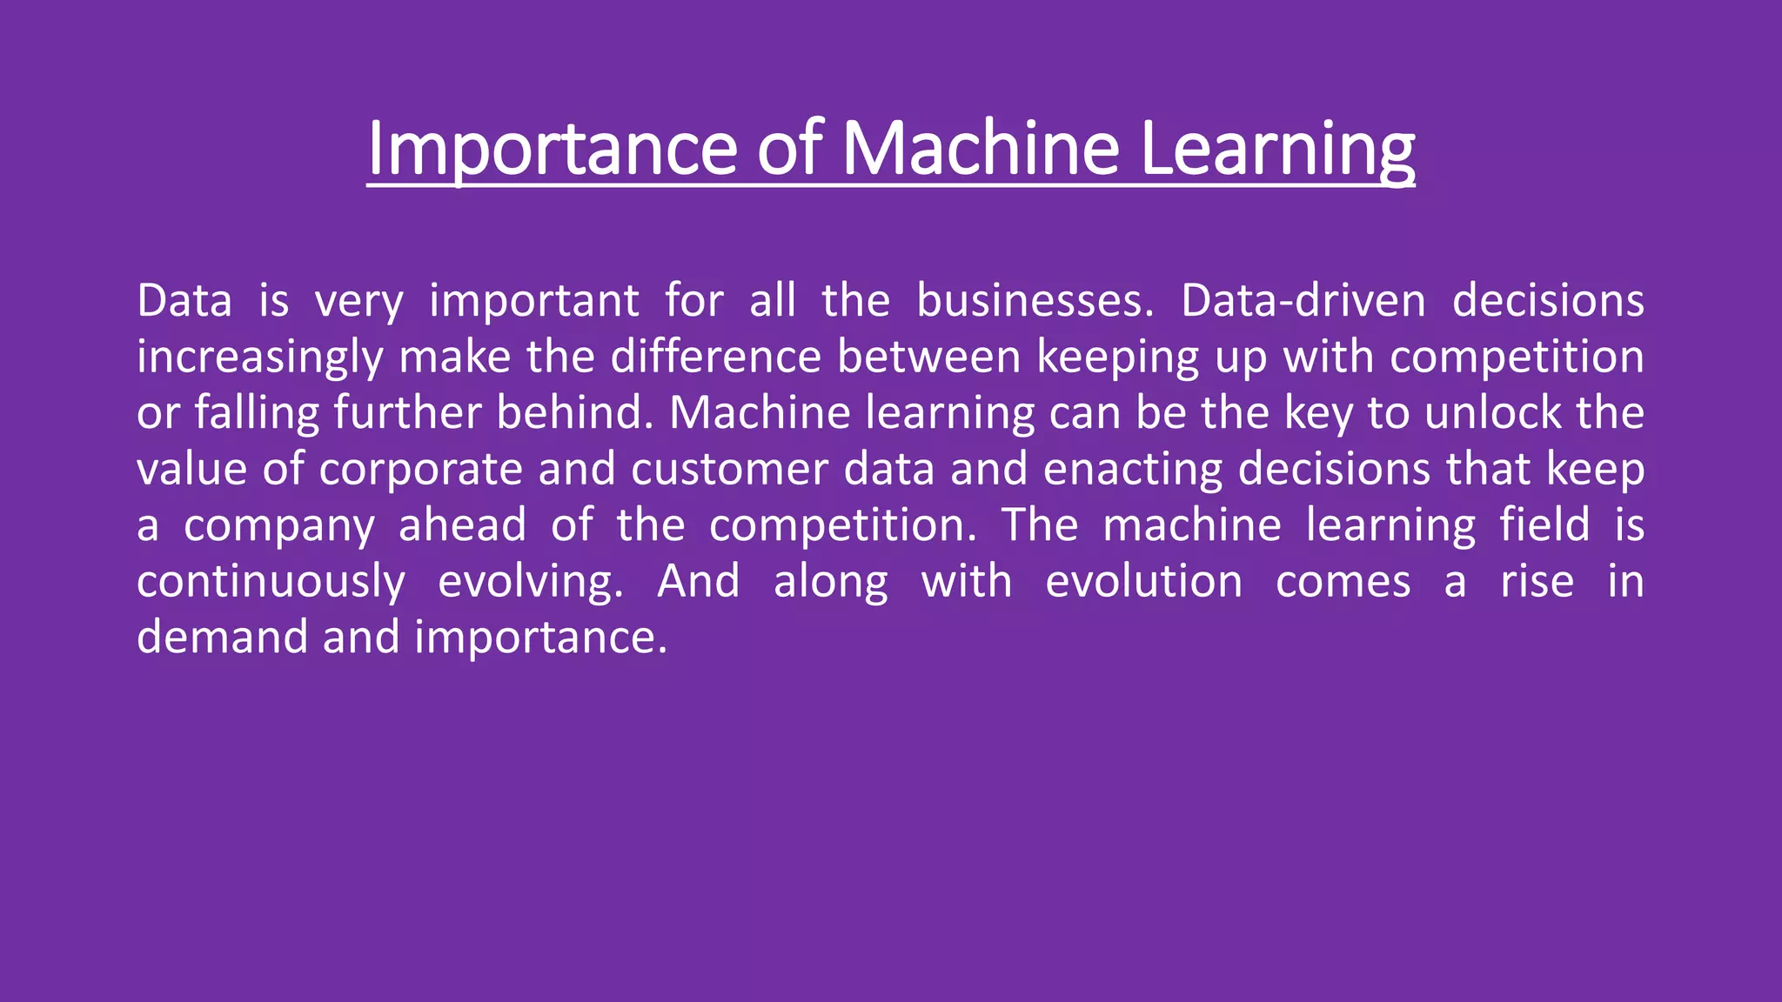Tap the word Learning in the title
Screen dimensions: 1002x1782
coord(1276,150)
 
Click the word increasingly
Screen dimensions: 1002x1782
coord(259,357)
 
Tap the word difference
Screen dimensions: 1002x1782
coord(715,357)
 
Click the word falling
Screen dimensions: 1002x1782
coord(257,413)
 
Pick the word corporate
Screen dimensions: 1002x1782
coord(420,470)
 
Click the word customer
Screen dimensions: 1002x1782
coord(729,470)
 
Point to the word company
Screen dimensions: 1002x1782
coord(279,526)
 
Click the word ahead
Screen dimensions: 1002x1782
coord(462,525)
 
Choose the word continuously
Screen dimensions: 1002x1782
coord(271,582)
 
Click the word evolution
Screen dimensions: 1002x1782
coord(1143,582)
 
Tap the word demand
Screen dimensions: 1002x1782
coord(223,638)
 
